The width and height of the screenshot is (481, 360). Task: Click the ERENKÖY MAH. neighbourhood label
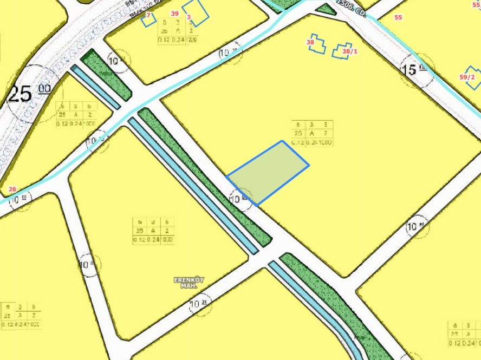click(189, 282)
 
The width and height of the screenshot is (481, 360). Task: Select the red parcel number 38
click(310, 42)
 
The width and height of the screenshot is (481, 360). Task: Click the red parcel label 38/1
click(350, 51)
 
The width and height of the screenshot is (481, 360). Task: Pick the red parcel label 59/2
click(467, 77)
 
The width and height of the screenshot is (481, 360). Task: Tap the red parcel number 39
click(174, 14)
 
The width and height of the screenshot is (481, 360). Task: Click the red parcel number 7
click(148, 15)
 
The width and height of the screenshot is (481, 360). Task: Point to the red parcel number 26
click(12, 189)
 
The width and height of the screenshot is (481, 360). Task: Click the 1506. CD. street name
click(352, 8)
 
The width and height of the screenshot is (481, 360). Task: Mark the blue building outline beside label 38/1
click(342, 50)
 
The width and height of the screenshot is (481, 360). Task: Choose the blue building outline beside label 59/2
click(473, 78)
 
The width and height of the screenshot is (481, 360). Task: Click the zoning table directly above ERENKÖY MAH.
click(153, 231)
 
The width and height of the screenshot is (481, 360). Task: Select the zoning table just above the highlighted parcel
click(311, 134)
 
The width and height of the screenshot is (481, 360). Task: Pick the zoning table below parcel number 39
click(178, 31)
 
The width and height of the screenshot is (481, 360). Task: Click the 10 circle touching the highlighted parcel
click(240, 199)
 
